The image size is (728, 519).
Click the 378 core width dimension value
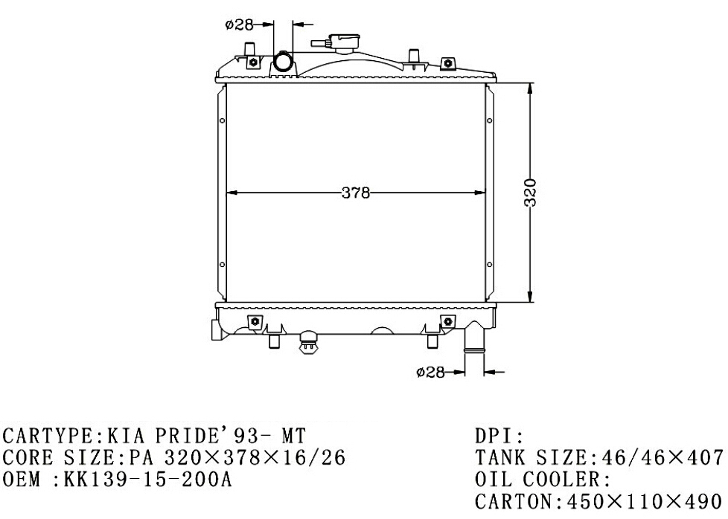tap(356, 193)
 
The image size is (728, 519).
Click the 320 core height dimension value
tap(530, 193)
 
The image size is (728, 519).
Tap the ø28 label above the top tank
tap(240, 25)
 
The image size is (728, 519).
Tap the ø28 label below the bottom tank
tap(430, 372)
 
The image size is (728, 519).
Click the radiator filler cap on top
tap(344, 44)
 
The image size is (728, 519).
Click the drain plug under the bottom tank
tap(307, 341)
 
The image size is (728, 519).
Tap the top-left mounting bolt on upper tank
tap(254, 62)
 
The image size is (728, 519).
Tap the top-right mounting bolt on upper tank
tap(447, 62)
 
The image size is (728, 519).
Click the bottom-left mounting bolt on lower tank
tap(255, 321)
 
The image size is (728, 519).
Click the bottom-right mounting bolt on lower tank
tap(447, 321)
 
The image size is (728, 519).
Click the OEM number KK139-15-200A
tap(147, 479)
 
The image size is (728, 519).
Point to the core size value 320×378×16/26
tap(255, 458)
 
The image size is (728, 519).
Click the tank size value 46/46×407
tap(662, 458)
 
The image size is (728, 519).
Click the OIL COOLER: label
tap(543, 479)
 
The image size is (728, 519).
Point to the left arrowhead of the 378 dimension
tap(232, 193)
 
